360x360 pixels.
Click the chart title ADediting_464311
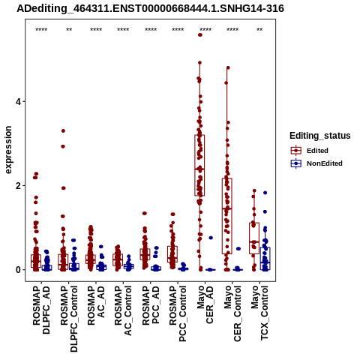click(x=151, y=9)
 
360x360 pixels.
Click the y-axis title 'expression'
click(x=8, y=150)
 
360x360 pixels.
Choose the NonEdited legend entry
click(x=316, y=163)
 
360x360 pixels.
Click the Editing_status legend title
click(x=320, y=136)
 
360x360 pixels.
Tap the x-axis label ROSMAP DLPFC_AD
click(x=41, y=310)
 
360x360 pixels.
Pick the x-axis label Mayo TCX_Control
click(x=259, y=313)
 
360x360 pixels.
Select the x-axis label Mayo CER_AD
click(x=205, y=304)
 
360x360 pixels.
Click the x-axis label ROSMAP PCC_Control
click(x=178, y=313)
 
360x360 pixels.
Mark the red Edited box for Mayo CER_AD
click(x=199, y=165)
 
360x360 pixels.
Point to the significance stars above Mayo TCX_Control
click(x=259, y=30)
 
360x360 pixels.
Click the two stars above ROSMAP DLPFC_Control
click(x=69, y=30)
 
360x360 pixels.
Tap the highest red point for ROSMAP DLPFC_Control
click(x=63, y=130)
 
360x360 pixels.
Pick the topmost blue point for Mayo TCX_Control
click(x=265, y=193)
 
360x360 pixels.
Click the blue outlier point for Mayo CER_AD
click(x=211, y=238)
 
